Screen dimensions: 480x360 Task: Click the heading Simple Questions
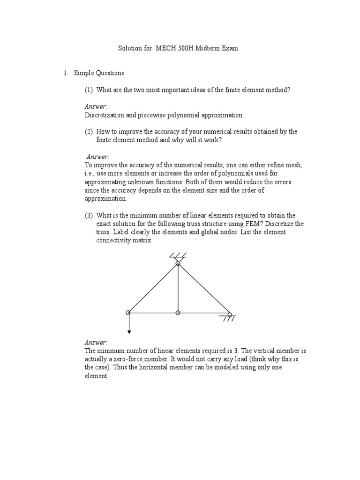point(99,73)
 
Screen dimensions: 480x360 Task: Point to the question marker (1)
point(89,90)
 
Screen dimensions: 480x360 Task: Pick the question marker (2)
point(89,132)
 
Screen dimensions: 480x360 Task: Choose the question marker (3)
point(89,216)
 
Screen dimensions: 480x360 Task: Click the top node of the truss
point(178,263)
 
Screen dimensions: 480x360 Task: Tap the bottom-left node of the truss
point(128,313)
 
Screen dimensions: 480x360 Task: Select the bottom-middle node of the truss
point(178,313)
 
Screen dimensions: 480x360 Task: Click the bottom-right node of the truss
point(230,314)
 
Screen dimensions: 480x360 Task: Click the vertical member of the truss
point(178,288)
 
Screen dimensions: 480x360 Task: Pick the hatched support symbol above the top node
point(178,256)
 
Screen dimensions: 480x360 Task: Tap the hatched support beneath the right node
point(228,319)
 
